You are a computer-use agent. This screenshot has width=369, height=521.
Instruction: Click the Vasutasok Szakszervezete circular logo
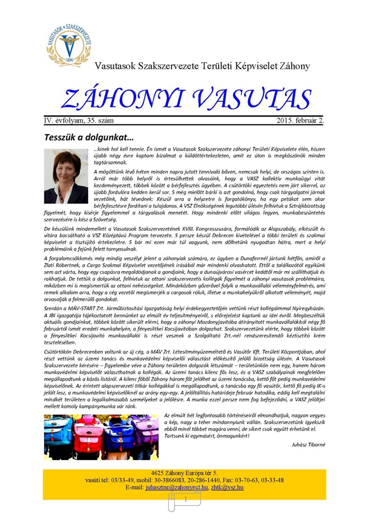(x=69, y=45)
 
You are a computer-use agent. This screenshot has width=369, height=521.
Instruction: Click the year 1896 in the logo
(x=69, y=60)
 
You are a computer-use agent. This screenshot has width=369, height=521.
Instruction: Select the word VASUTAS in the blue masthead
(x=252, y=99)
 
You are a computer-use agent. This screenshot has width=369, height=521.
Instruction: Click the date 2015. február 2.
(x=300, y=120)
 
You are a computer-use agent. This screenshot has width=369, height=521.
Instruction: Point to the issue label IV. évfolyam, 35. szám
(x=79, y=120)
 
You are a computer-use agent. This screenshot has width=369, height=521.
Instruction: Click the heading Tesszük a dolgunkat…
(x=89, y=137)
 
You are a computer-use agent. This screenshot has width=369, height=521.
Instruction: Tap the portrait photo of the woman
(x=66, y=176)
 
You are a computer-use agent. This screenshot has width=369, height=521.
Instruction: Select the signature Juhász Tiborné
(x=308, y=445)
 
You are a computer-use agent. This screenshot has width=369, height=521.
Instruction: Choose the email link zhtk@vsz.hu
(x=227, y=487)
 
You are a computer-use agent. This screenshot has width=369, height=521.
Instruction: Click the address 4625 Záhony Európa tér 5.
(x=184, y=473)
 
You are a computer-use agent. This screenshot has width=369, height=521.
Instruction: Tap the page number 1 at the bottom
(x=185, y=500)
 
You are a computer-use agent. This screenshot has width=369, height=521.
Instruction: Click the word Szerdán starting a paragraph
(x=52, y=308)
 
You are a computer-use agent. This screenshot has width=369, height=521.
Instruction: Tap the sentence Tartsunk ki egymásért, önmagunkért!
(x=207, y=436)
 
